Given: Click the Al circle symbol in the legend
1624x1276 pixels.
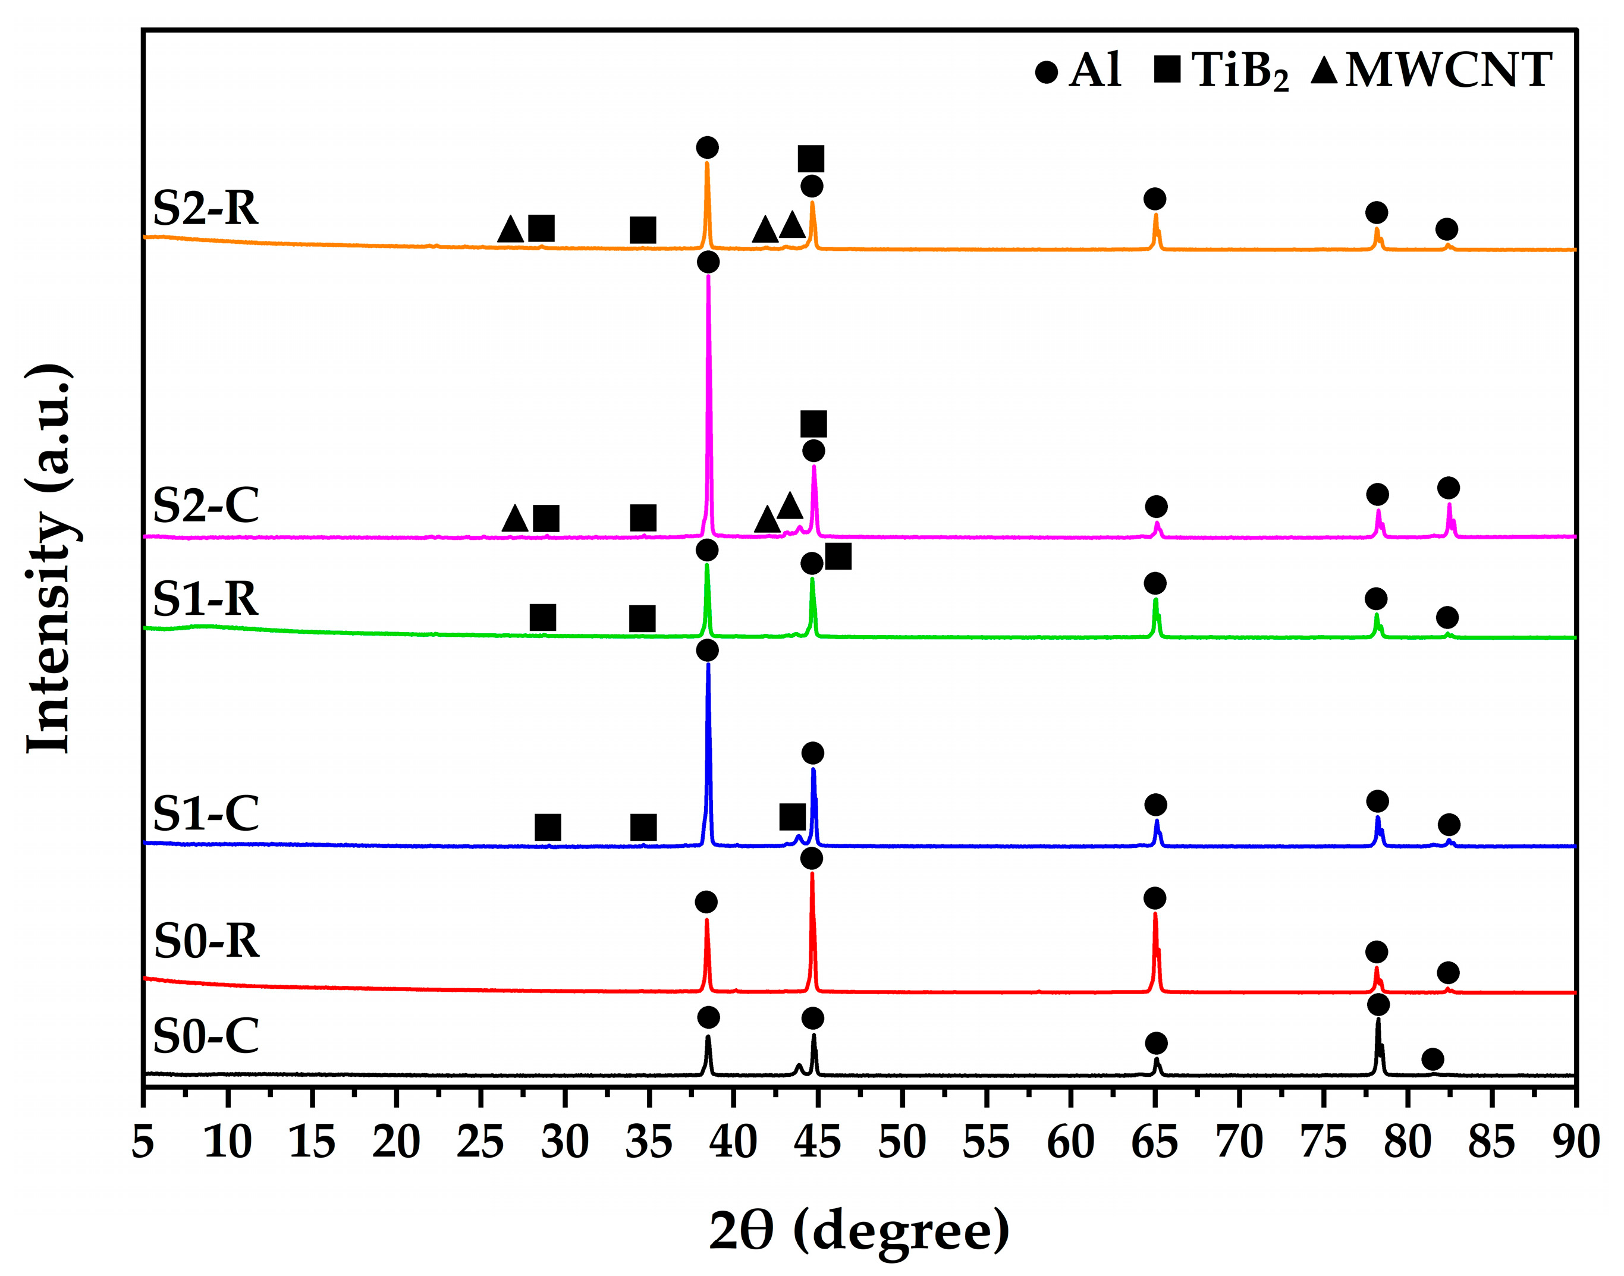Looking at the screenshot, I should [x=1047, y=72].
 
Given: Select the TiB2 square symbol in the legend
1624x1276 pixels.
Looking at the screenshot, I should [x=1167, y=69].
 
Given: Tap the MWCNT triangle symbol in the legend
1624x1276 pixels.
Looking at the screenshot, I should [x=1324, y=70].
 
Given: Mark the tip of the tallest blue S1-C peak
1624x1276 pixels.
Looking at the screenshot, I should [x=708, y=664].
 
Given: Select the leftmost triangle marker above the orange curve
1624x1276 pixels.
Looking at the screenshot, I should [x=511, y=230].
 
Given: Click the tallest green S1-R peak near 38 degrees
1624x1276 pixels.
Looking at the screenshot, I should [x=706, y=565].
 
